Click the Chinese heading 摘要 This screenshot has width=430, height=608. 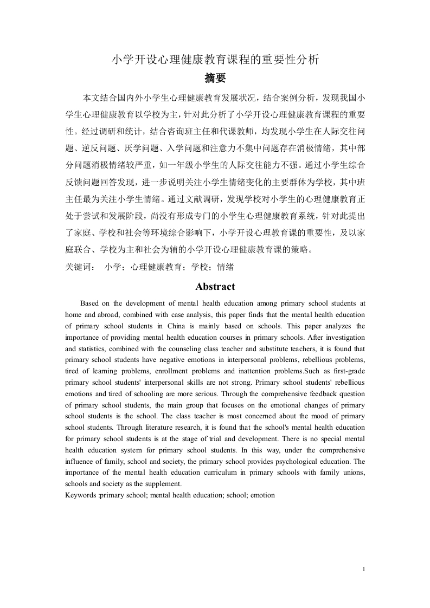(x=215, y=78)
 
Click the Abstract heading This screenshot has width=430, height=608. (x=215, y=287)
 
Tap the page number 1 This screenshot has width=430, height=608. (x=363, y=569)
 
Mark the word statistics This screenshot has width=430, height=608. (x=95, y=349)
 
